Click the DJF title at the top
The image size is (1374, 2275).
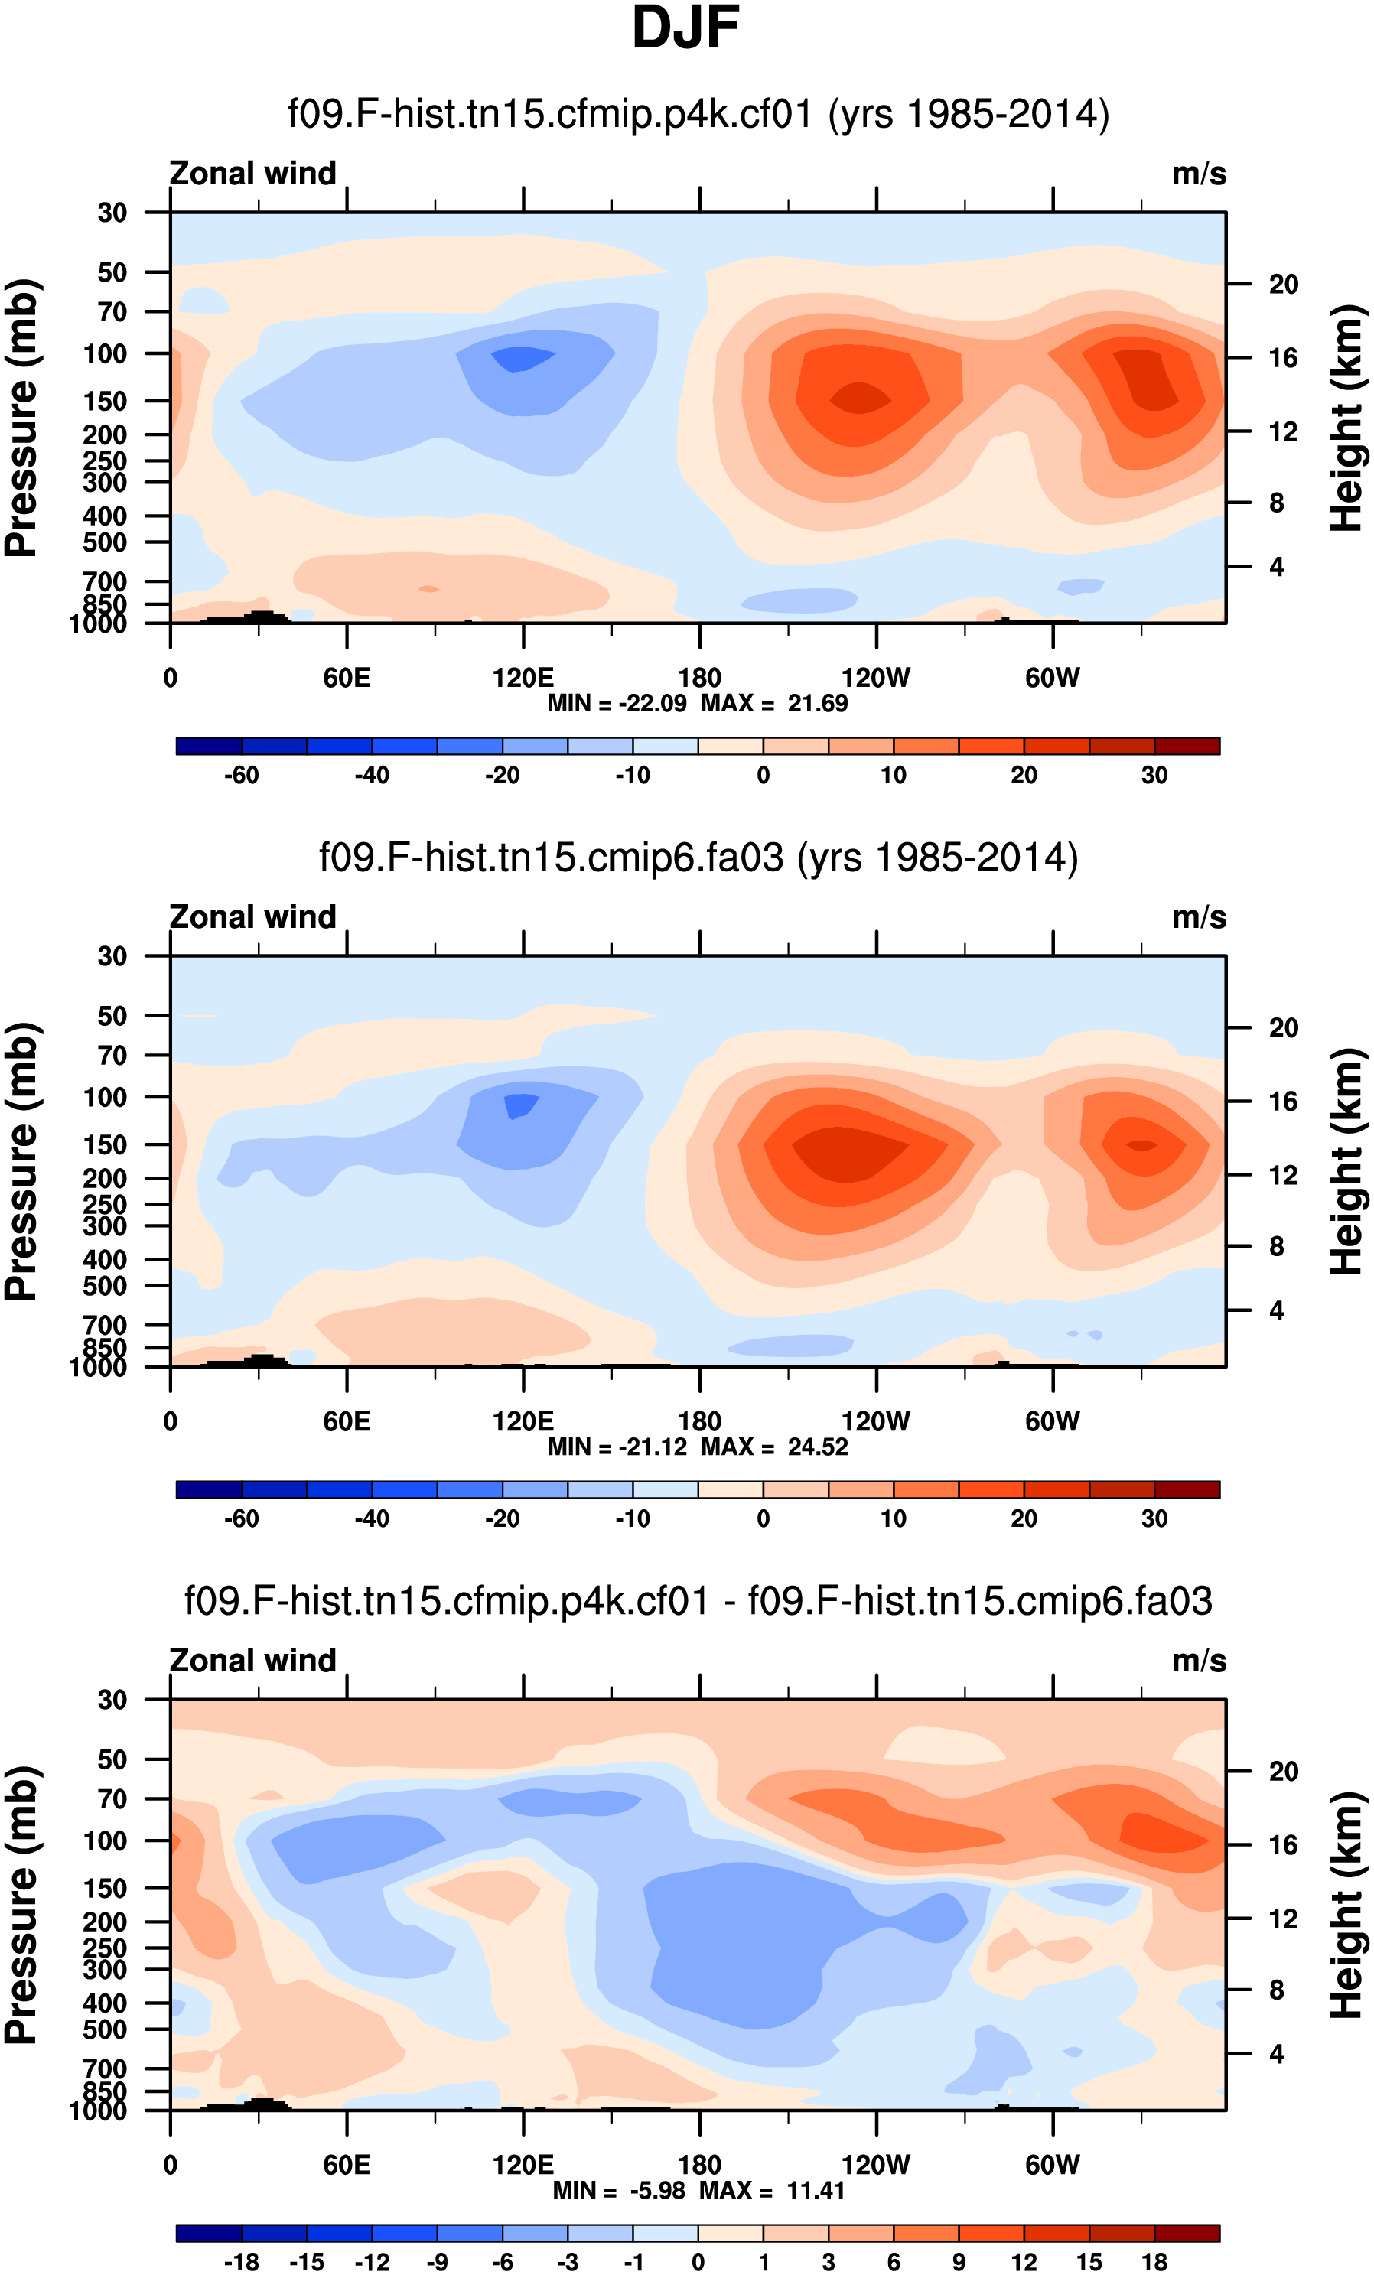pos(685,28)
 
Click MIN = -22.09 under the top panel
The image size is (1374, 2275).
pos(617,704)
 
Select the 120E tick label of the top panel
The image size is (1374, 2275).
pos(523,679)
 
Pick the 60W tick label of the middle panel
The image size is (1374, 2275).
pos(1052,1422)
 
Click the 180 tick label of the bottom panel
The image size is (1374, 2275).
pos(699,2165)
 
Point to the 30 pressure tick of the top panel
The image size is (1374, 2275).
pos(112,213)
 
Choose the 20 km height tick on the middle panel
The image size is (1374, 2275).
pos(1283,1027)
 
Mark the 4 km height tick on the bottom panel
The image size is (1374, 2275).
pos(1276,2055)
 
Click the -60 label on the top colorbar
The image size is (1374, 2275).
pos(241,776)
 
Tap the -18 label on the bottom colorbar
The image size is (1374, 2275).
pos(241,2262)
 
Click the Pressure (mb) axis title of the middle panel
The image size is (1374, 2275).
pos(22,1161)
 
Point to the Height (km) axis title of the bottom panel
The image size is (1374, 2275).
pos(1346,1905)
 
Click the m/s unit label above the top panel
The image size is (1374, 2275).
pos(1199,174)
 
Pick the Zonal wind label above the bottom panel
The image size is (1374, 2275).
pos(252,1661)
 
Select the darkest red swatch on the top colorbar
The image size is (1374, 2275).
pos(1187,746)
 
